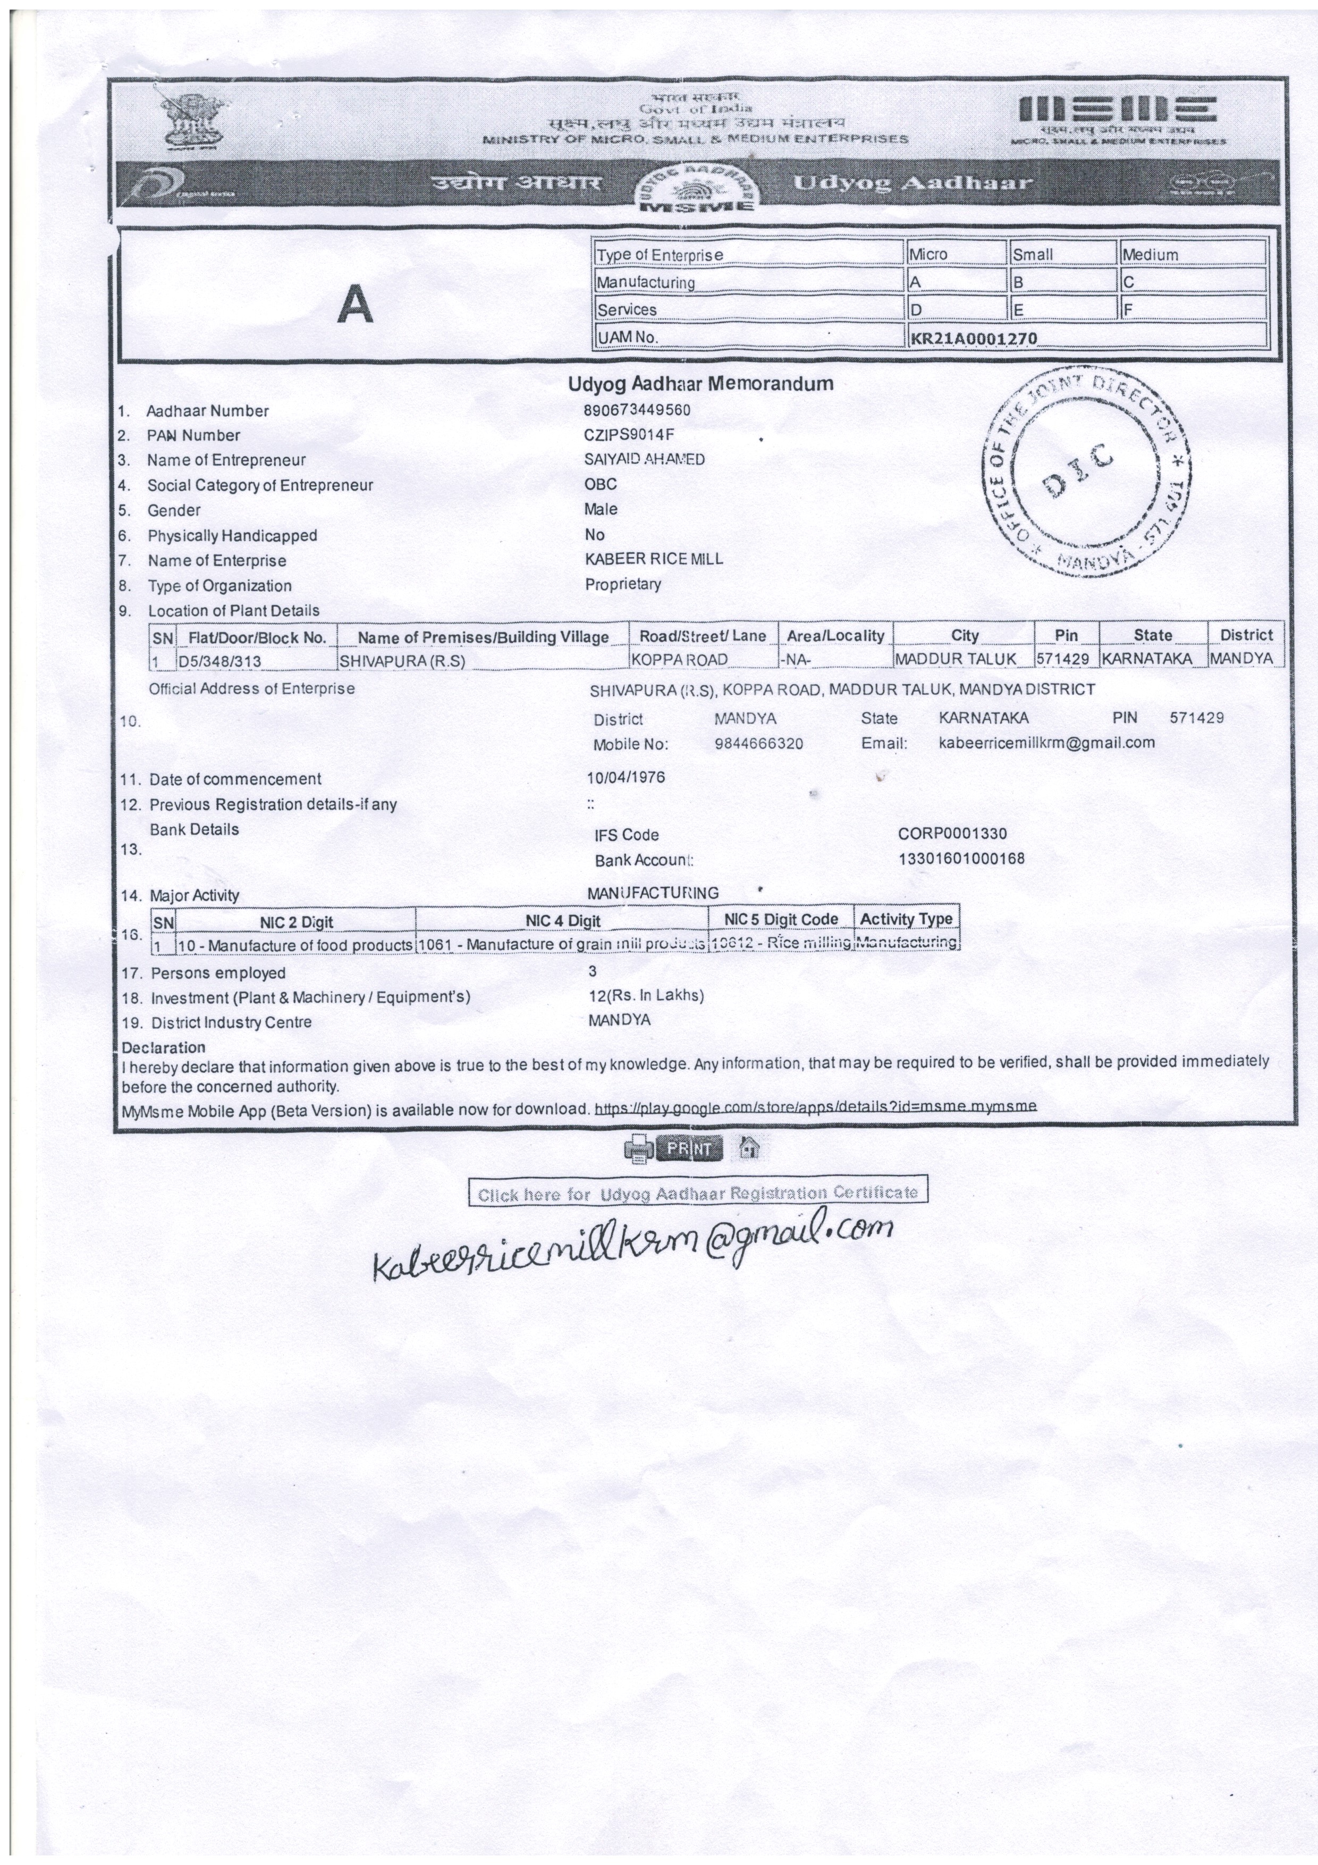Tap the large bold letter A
coord(356,305)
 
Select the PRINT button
coord(689,1148)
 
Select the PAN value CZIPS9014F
coord(629,434)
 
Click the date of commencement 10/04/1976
coord(626,777)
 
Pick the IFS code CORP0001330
coord(952,834)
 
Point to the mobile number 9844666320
coord(758,743)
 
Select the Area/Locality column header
coord(835,635)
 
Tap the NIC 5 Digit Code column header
coord(781,919)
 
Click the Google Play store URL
coord(815,1106)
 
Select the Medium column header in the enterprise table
coord(1150,254)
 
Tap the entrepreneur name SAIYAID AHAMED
coord(644,459)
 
